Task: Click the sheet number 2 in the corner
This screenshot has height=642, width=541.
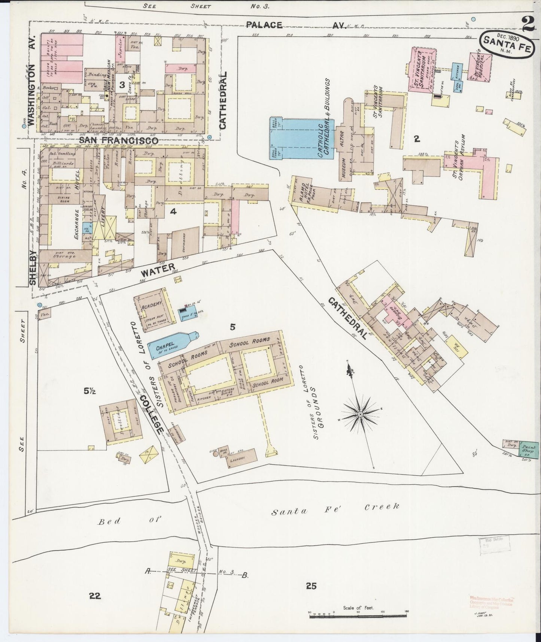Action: point(527,25)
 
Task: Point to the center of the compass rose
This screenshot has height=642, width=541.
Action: point(360,414)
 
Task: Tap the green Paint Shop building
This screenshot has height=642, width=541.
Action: point(529,448)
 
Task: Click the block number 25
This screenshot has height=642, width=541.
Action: point(311,586)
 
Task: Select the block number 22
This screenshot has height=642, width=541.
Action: point(95,596)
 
